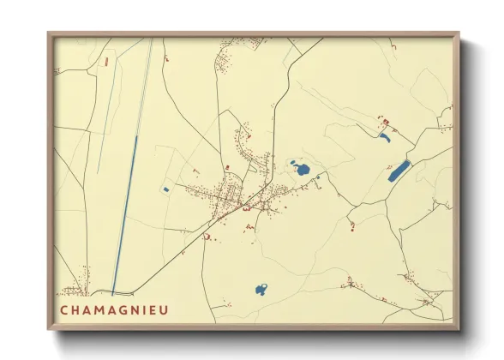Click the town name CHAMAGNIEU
point(114,310)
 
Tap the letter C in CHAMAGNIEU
point(64,310)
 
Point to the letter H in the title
point(76,310)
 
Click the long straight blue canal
point(124,214)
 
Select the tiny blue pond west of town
point(165,189)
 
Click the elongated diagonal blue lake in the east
point(399,171)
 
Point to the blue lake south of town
point(261,290)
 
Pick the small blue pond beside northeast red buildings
point(385,136)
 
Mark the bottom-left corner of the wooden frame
point(49,328)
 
